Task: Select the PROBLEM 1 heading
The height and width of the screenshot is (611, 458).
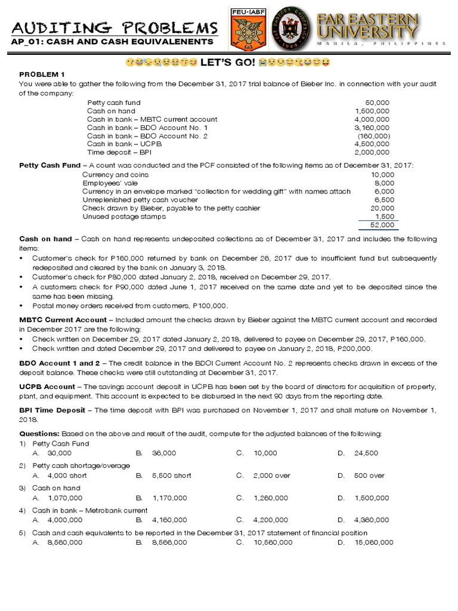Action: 41,73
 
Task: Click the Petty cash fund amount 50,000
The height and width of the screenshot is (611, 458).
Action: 377,103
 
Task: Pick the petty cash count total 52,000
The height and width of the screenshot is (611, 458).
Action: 382,225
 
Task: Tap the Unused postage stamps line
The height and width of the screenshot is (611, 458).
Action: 124,217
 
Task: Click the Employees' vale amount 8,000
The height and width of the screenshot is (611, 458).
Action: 384,183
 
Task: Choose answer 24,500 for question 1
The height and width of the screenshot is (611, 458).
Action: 366,453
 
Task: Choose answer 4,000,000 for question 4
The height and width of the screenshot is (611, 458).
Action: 66,520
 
